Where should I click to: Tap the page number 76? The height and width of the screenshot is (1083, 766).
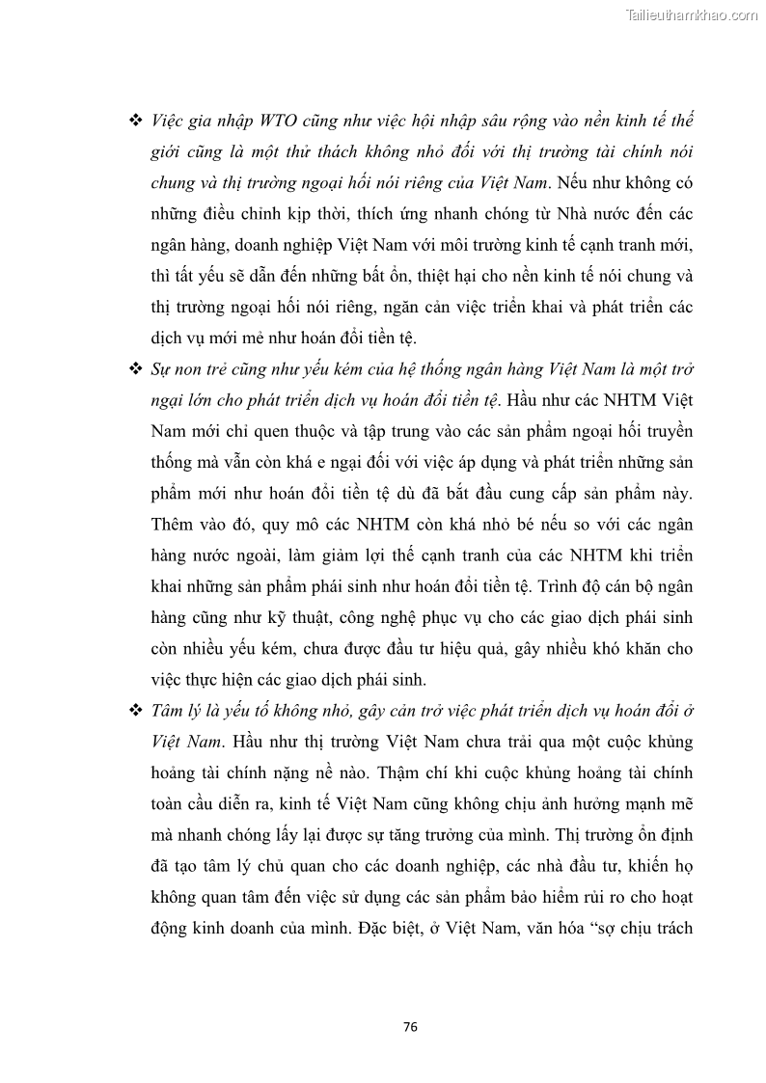[x=410, y=1027]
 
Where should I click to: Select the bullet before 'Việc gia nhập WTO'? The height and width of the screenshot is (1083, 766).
[x=135, y=122]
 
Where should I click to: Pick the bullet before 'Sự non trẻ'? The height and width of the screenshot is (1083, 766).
[x=135, y=369]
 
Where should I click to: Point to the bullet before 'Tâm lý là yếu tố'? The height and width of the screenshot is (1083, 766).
[x=135, y=712]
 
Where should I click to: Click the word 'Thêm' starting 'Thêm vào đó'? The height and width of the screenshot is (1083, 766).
[x=175, y=525]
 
